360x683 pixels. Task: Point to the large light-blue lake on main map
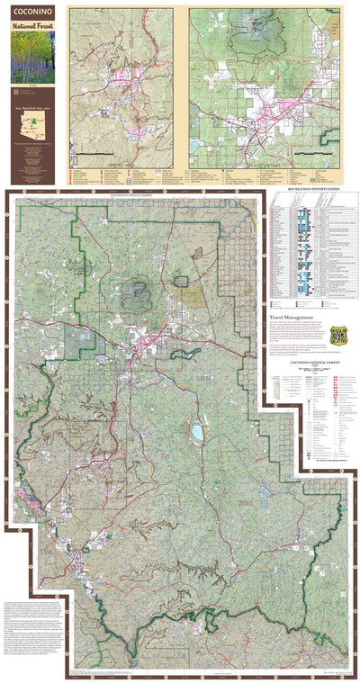(x=196, y=432)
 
